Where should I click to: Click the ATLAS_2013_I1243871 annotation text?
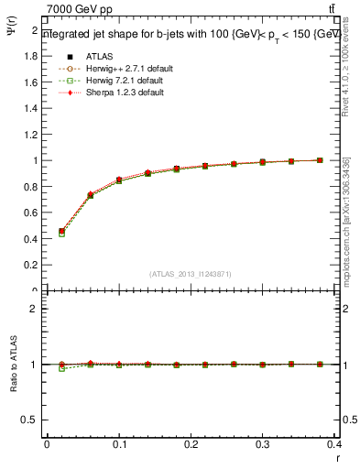point(191,274)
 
